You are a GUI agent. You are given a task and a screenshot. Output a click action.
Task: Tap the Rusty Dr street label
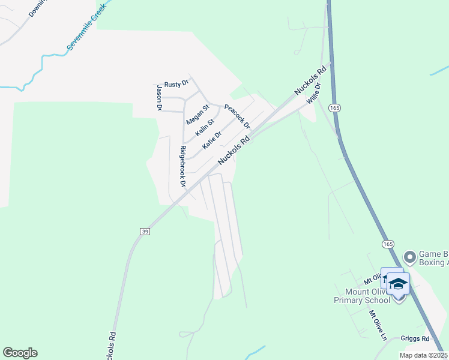176,83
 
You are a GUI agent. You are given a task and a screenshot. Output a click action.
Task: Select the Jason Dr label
160,98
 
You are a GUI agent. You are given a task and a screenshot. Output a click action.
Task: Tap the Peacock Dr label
237,115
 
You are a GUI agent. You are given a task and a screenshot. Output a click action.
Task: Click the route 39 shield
145,231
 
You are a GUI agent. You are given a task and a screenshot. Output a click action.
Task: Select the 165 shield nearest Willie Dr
335,107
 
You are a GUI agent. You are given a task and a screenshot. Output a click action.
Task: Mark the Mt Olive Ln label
378,325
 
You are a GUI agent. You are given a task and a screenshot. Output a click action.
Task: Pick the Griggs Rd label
417,338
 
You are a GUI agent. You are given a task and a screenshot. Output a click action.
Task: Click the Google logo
20,353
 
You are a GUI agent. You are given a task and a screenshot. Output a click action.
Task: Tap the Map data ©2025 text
423,355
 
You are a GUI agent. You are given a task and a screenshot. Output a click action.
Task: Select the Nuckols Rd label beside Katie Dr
234,151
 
